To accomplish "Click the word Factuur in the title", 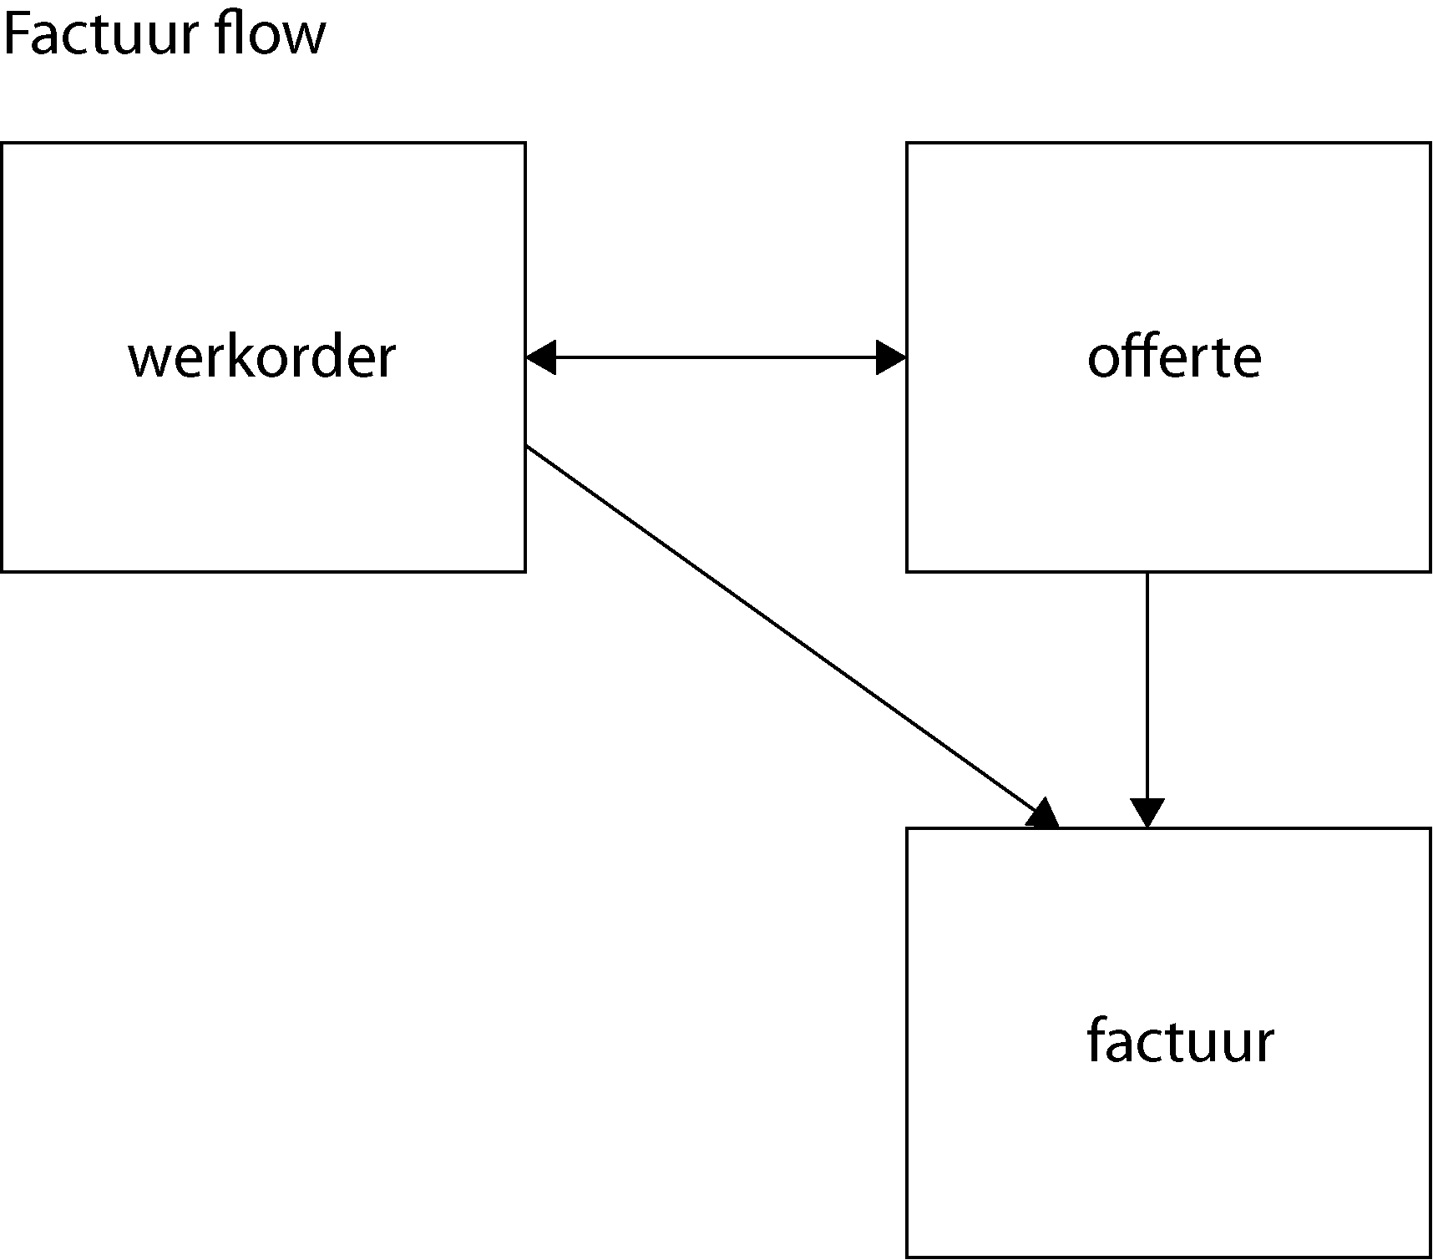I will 99,35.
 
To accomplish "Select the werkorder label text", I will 261,357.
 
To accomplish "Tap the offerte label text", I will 1174,357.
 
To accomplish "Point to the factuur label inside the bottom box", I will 1180,1041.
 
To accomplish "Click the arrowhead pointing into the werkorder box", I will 541,357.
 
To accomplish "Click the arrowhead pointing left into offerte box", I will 891,357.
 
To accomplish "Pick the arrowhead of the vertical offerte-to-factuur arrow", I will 1147,812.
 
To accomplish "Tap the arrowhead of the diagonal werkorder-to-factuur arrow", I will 1044,815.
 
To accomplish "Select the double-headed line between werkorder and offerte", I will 716,357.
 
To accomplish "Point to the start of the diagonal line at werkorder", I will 528,448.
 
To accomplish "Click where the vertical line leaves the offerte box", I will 1147,574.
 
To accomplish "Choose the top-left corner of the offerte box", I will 908,144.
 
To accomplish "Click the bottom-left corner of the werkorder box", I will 3,571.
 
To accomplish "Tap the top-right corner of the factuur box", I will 1430,829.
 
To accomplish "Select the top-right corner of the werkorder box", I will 524,144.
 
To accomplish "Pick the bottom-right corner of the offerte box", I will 1430,571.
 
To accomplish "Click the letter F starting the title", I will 17,35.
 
